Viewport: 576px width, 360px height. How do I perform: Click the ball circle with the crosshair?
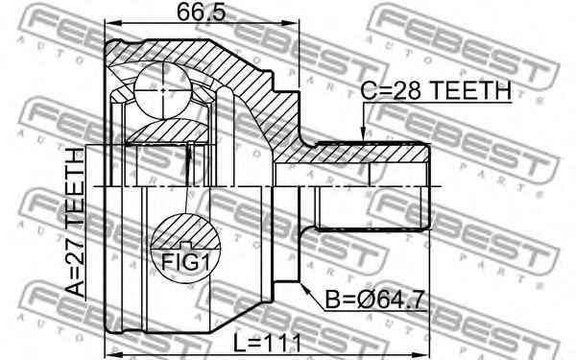point(166,88)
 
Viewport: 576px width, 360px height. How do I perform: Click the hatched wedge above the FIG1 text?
point(182,230)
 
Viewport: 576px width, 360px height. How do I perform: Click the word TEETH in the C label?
point(469,92)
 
